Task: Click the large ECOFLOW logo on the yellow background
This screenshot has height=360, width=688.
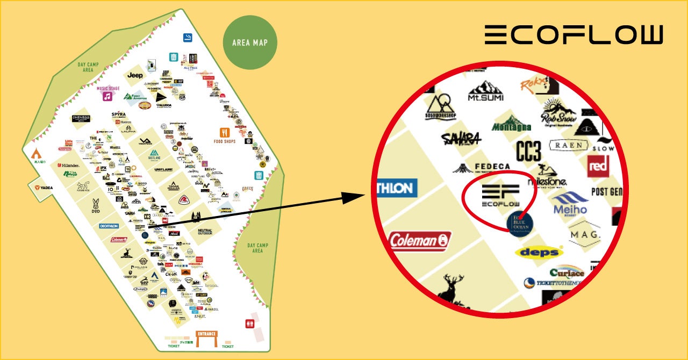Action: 574,35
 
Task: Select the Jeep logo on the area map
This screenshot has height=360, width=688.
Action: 135,76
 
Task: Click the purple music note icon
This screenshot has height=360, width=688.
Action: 107,97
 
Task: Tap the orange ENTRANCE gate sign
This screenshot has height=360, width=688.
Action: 206,334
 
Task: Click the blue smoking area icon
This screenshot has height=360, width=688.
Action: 188,37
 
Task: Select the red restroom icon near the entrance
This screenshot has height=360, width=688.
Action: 249,324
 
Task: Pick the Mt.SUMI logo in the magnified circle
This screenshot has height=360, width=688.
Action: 485,91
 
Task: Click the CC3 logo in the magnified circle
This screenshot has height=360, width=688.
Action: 528,152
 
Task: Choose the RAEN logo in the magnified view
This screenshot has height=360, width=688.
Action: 569,145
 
